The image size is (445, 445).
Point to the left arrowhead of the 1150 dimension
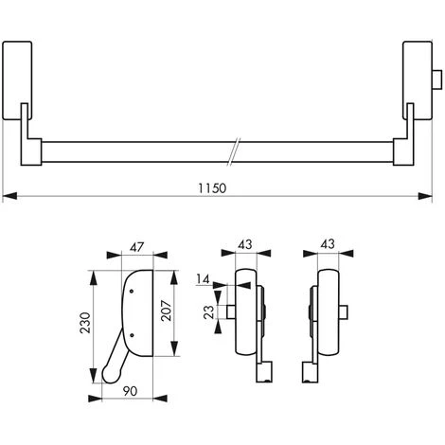[8, 197]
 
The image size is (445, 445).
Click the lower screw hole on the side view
[132, 336]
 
